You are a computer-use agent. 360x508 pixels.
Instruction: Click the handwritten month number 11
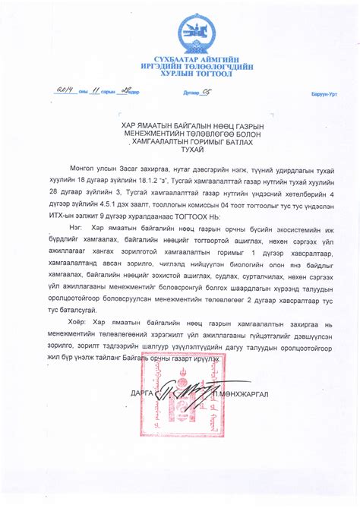96,91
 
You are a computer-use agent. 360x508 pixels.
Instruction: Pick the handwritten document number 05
204,92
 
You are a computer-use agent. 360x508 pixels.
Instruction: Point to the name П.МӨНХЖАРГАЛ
242,394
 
